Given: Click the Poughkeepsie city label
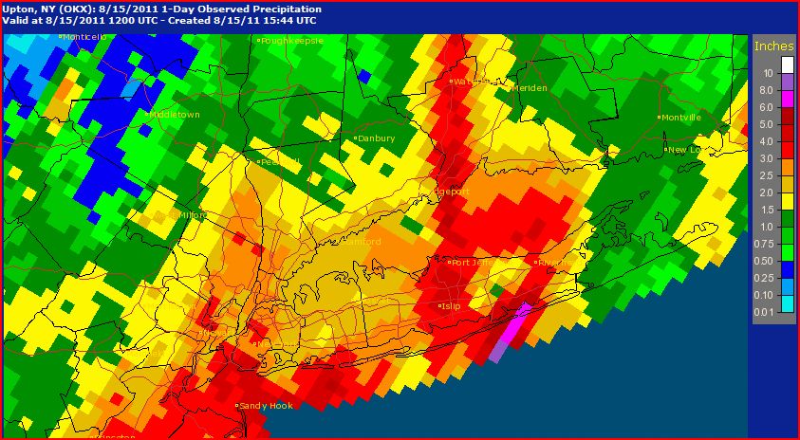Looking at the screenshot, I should coord(292,41).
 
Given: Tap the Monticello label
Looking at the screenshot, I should coord(84,37).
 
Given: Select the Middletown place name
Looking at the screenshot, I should coord(176,115).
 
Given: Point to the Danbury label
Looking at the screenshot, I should coord(377,138).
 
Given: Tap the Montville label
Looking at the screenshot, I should coord(682,118).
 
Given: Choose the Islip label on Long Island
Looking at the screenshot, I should coord(450,306).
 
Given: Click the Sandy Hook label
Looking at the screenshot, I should coord(267,406).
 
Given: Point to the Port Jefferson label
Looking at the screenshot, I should coord(470,263).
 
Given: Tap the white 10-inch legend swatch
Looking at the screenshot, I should coord(787,64).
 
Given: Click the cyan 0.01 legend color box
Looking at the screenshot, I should coord(787,303).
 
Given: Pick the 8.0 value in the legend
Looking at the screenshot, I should coord(768,89).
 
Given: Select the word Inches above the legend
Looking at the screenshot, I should coord(772,46).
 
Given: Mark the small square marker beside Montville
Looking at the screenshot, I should coord(659,118).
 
